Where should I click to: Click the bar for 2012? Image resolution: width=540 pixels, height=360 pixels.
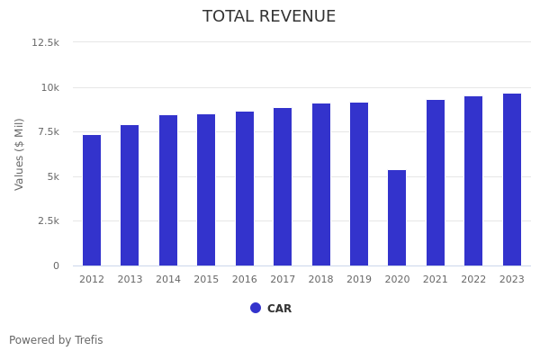(x=92, y=200)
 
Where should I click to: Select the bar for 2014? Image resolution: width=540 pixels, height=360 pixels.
(x=168, y=190)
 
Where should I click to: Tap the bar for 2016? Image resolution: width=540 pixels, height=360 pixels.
(x=245, y=188)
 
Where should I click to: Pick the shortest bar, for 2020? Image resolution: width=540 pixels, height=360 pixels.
(x=397, y=218)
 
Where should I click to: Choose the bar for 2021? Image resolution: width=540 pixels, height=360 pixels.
(x=436, y=183)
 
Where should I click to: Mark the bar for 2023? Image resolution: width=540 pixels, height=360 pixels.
(x=512, y=179)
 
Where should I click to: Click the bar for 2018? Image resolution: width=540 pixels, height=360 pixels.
(x=321, y=184)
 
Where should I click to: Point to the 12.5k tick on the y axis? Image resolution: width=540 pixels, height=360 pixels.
(x=46, y=42)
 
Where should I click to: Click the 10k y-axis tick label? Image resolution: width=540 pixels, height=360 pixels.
(x=49, y=87)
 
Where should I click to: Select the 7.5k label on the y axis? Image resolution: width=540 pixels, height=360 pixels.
(x=48, y=131)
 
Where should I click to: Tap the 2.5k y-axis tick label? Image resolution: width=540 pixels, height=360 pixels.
(x=48, y=220)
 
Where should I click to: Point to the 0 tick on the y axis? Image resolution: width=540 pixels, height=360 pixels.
(x=56, y=265)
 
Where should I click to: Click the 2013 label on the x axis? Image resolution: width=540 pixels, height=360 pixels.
(x=130, y=280)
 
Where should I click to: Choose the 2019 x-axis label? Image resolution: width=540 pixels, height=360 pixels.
(x=359, y=280)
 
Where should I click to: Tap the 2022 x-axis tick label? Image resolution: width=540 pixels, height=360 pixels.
(x=473, y=280)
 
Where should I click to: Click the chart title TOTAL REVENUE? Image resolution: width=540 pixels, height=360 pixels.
(x=269, y=17)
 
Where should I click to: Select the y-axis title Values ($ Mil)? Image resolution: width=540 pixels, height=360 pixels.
(x=20, y=154)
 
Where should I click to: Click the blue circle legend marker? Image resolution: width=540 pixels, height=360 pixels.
(x=256, y=308)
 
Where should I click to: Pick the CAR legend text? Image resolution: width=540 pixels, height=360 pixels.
(x=279, y=309)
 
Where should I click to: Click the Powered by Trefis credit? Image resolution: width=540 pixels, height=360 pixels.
(x=56, y=340)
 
